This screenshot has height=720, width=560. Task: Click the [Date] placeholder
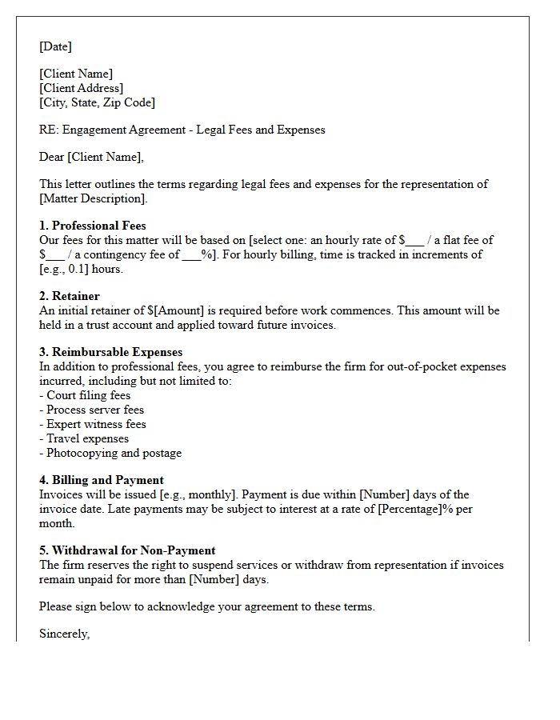[55, 46]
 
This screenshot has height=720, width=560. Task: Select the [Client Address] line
[81, 88]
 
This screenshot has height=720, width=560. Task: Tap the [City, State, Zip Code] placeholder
[97, 102]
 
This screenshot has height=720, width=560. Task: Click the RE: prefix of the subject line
[48, 130]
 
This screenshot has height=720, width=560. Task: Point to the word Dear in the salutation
[51, 157]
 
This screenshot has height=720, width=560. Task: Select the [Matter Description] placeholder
[93, 198]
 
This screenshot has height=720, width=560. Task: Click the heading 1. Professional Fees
[93, 226]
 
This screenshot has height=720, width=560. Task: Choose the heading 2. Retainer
[70, 296]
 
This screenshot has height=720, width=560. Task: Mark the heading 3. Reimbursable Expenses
[110, 352]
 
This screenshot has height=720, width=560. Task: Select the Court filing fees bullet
[85, 395]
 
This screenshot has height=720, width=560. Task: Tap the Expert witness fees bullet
[93, 424]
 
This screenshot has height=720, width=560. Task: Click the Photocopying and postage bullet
[110, 453]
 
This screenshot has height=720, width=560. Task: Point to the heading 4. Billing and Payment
[102, 480]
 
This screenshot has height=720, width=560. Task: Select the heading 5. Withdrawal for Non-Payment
[127, 550]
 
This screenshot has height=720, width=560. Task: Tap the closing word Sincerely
[64, 634]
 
